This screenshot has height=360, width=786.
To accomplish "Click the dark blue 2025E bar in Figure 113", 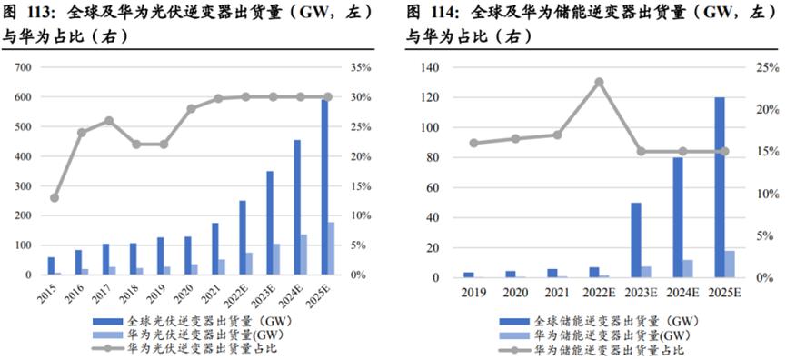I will (324, 186).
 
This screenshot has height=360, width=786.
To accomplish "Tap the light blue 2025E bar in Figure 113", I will (332, 248).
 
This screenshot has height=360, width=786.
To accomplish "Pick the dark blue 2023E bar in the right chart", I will (635, 240).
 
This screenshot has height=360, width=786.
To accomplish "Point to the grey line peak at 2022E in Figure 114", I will (599, 81).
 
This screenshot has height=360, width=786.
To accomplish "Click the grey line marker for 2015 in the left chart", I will (55, 197).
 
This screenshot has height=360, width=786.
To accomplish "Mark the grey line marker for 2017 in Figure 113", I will (109, 120).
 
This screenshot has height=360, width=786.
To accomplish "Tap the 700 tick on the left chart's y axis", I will (24, 68).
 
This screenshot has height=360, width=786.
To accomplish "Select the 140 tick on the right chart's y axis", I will (428, 68).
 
